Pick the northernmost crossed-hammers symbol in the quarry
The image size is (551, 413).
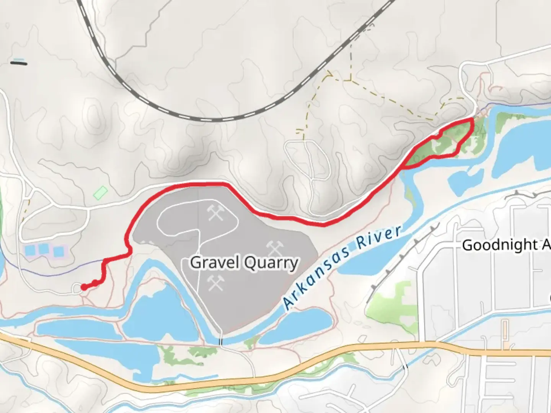click(215, 212)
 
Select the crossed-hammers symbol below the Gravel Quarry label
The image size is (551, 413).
click(215, 283)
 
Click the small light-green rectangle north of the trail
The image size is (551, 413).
click(100, 192)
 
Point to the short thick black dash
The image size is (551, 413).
click(18, 63)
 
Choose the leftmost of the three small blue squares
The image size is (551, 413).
click(30, 251)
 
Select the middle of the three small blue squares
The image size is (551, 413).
click(44, 249)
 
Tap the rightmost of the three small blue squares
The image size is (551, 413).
click(59, 251)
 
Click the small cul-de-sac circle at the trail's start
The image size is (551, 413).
click(77, 288)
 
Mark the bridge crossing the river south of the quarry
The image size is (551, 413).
click(220, 341)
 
